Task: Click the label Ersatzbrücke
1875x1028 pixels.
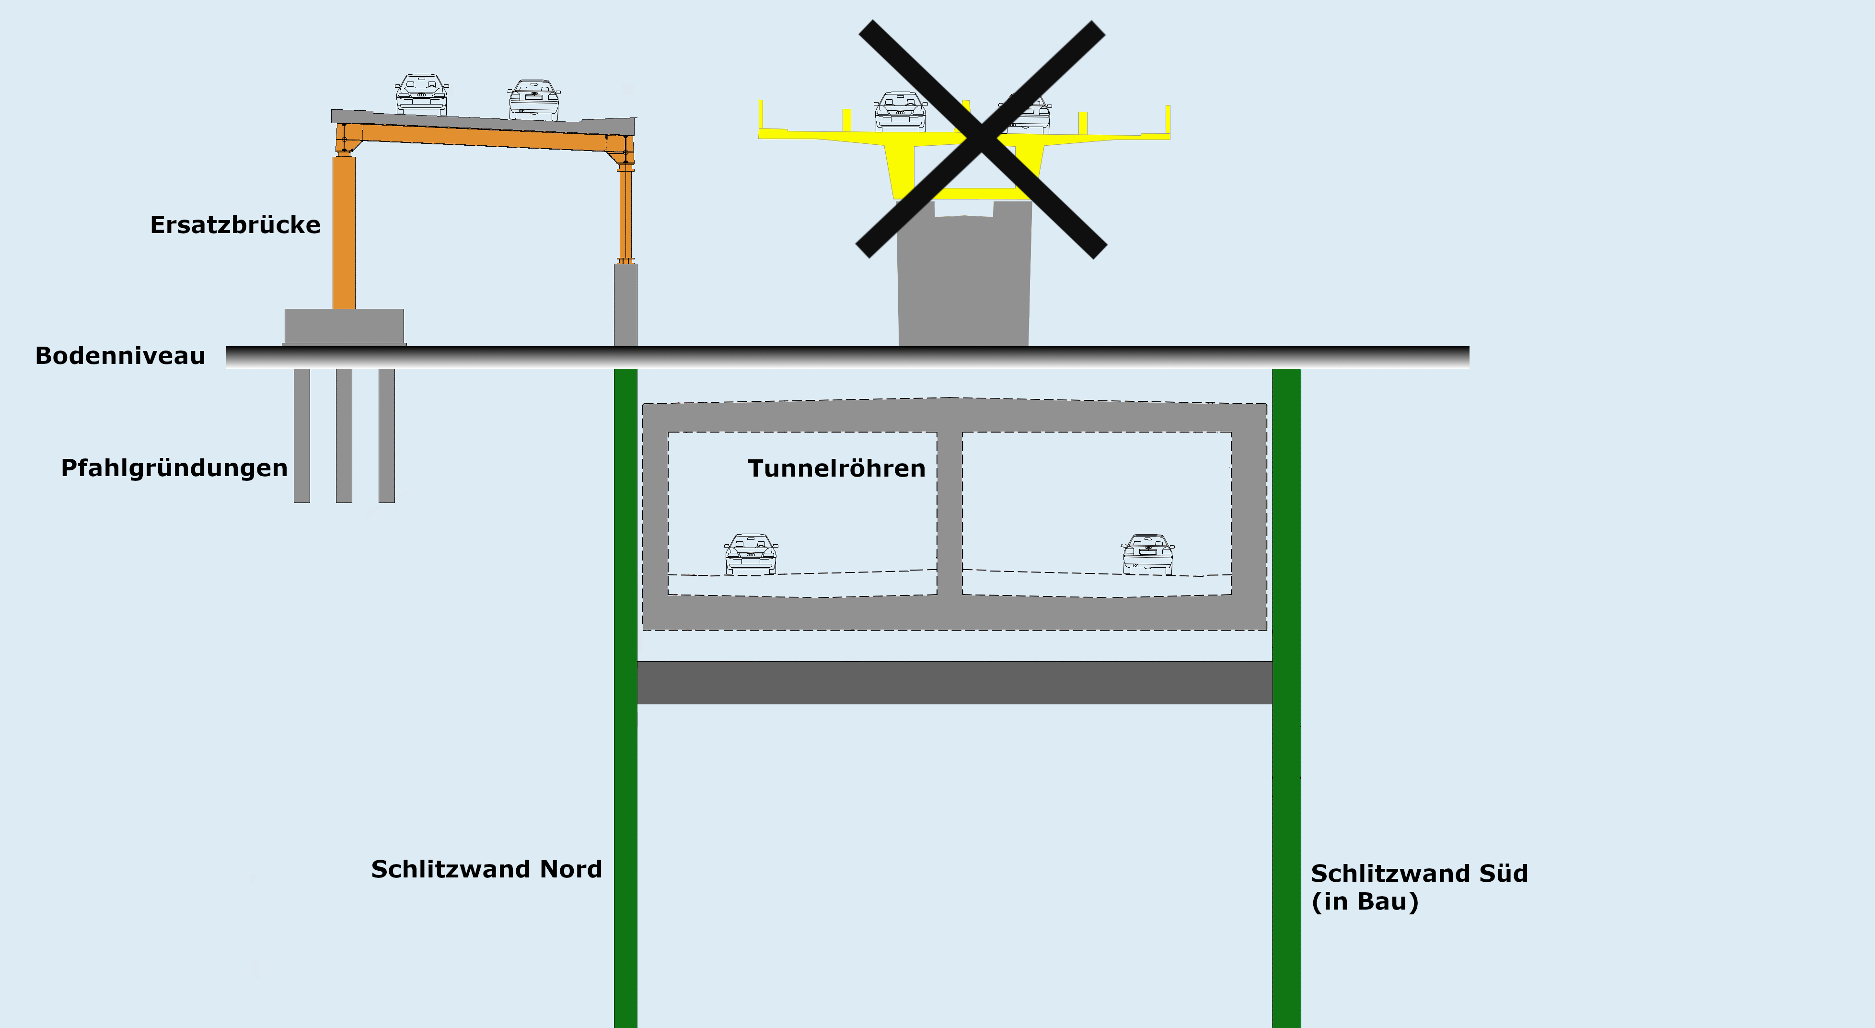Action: tap(235, 225)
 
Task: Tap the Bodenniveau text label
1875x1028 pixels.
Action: tap(120, 356)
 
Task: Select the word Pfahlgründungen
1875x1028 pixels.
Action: tap(174, 467)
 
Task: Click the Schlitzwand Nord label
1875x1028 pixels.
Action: tap(486, 869)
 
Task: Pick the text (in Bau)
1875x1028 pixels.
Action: tap(1365, 901)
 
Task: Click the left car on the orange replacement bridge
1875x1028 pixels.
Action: tap(421, 94)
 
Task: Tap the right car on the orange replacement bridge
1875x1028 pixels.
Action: tap(533, 100)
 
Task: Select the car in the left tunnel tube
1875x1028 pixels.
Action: tap(751, 554)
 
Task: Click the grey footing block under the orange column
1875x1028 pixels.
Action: tap(344, 326)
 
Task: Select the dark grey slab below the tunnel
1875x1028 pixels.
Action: tap(954, 682)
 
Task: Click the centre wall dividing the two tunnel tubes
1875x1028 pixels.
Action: tap(949, 513)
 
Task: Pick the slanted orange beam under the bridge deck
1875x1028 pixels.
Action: tap(484, 137)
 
